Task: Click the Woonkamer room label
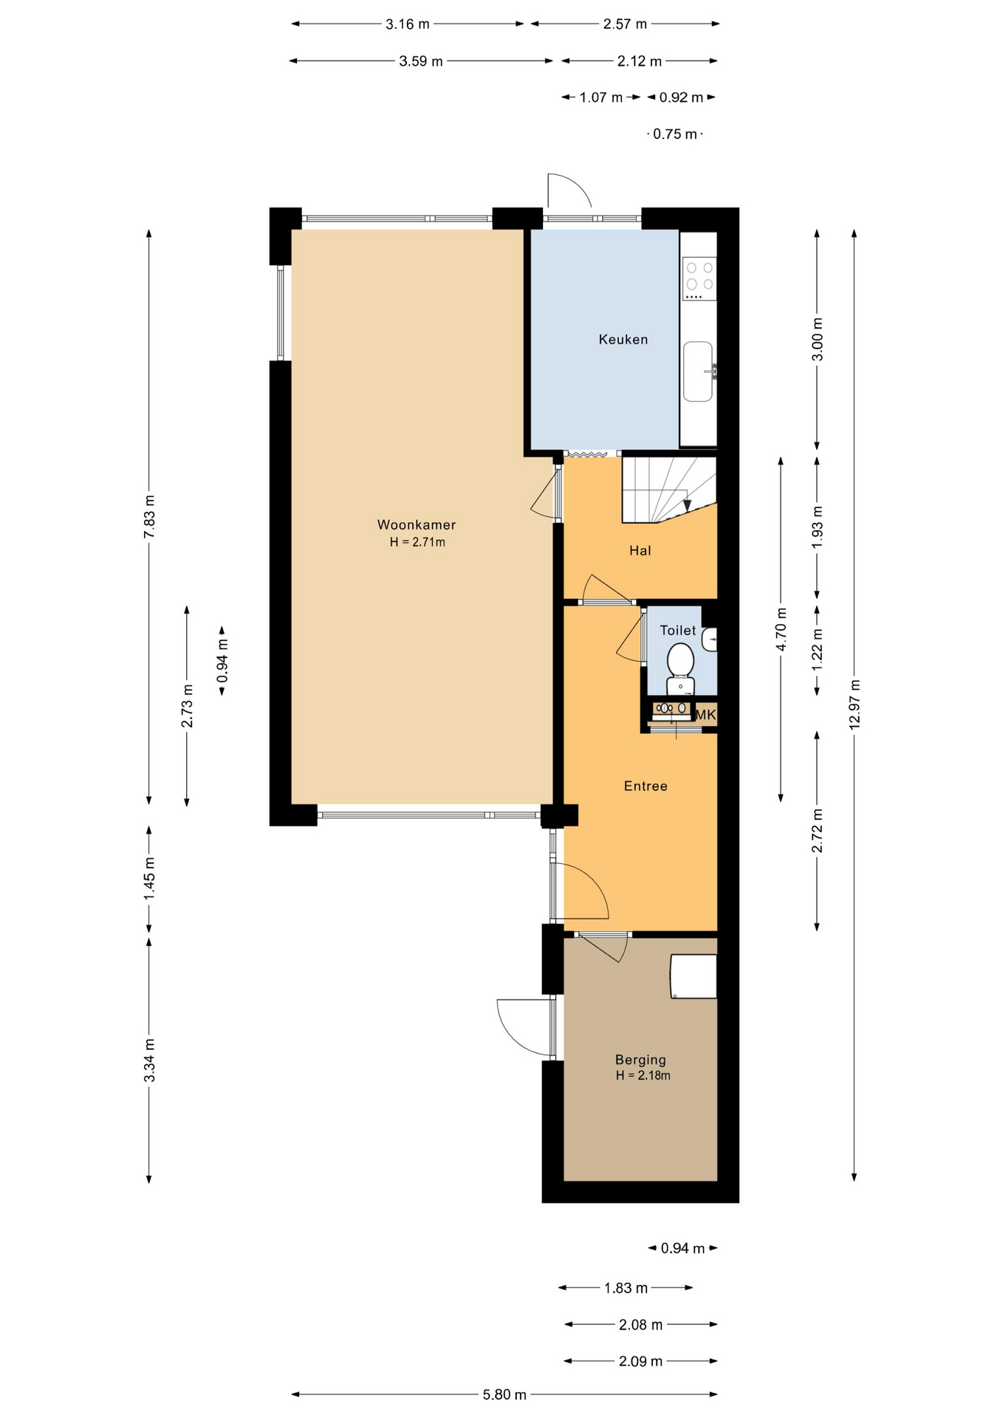coord(417,525)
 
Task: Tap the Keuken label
coord(623,340)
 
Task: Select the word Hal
coord(640,550)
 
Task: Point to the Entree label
coord(646,787)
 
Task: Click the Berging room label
coord(640,1060)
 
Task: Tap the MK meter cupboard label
coord(706,715)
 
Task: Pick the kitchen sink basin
coord(698,371)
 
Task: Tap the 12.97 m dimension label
coord(855,705)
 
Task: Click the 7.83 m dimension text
coord(149,515)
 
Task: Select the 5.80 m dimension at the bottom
coord(504,1394)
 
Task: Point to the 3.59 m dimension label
coord(421,61)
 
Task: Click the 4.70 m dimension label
coord(781,629)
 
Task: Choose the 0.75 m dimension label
coord(675,134)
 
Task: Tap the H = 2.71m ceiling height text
coord(417,542)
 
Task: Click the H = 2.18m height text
coord(643,1075)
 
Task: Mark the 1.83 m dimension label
coord(626,1288)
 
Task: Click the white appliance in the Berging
coord(694,976)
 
